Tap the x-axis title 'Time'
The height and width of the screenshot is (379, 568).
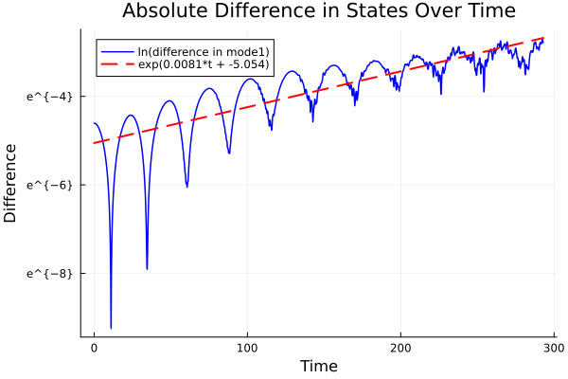[318, 366]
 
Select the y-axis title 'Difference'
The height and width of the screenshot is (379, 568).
[11, 183]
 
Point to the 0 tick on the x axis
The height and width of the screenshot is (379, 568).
[94, 349]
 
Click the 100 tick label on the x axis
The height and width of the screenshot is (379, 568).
[247, 349]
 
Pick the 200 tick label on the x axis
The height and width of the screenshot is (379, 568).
[400, 349]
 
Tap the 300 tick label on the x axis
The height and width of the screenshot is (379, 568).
[554, 349]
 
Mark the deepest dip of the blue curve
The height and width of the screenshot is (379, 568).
[111, 327]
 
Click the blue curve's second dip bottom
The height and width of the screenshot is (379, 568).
[147, 268]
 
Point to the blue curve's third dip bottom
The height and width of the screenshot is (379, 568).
[186, 186]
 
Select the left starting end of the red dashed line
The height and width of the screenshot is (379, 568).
[95, 143]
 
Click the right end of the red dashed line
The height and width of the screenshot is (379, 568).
[543, 38]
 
